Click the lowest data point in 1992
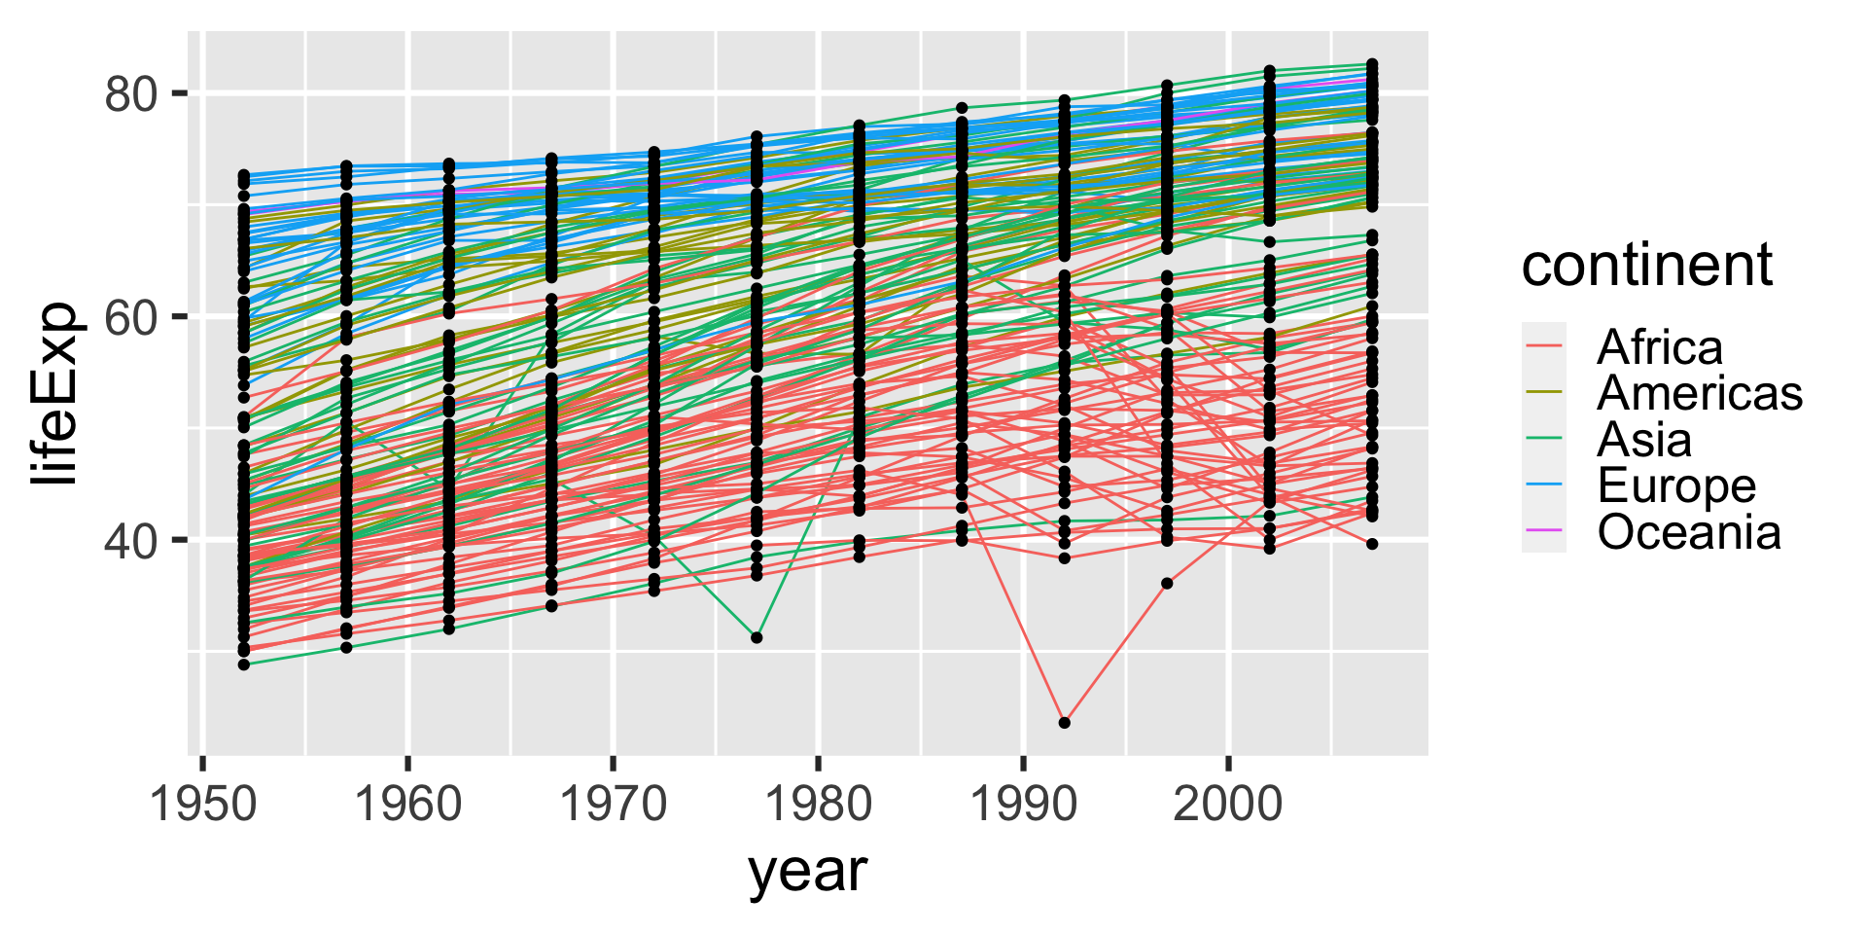[1064, 723]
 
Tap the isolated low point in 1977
[757, 637]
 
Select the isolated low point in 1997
[1167, 584]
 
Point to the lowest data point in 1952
[244, 665]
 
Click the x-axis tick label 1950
[202, 805]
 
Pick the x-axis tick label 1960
[407, 805]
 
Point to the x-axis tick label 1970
[613, 805]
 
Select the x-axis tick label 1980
[818, 805]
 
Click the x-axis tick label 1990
[1023, 805]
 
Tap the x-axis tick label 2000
[1228, 805]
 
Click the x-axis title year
[807, 871]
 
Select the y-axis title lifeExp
[53, 393]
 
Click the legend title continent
[1646, 265]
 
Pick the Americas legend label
[1699, 393]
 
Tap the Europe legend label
[1676, 485]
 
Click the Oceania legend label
[1688, 532]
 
